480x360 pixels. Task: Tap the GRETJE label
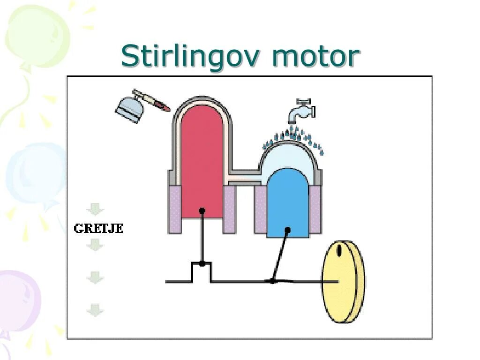click(98, 229)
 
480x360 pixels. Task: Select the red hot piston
click(202, 155)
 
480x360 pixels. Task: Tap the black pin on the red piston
click(202, 210)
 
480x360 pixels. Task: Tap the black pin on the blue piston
click(288, 230)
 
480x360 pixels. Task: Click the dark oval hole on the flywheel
click(339, 250)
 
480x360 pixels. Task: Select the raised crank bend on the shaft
click(202, 270)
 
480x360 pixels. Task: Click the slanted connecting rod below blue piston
click(280, 255)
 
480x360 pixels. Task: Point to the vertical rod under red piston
click(202, 237)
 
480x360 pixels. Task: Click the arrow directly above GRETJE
click(95, 209)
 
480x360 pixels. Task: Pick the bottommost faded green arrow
click(95, 309)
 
